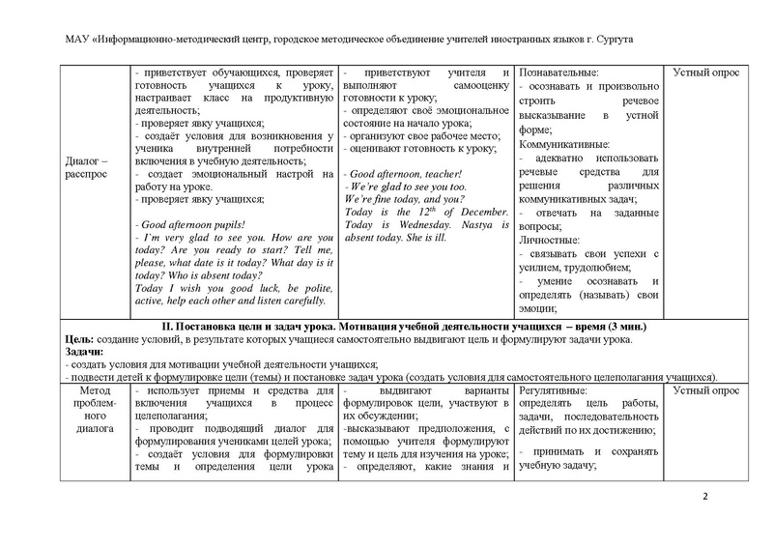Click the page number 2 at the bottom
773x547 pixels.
tap(704, 498)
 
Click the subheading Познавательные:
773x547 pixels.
tap(558, 72)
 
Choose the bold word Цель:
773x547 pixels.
tap(78, 340)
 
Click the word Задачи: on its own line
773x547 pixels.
tap(84, 353)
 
